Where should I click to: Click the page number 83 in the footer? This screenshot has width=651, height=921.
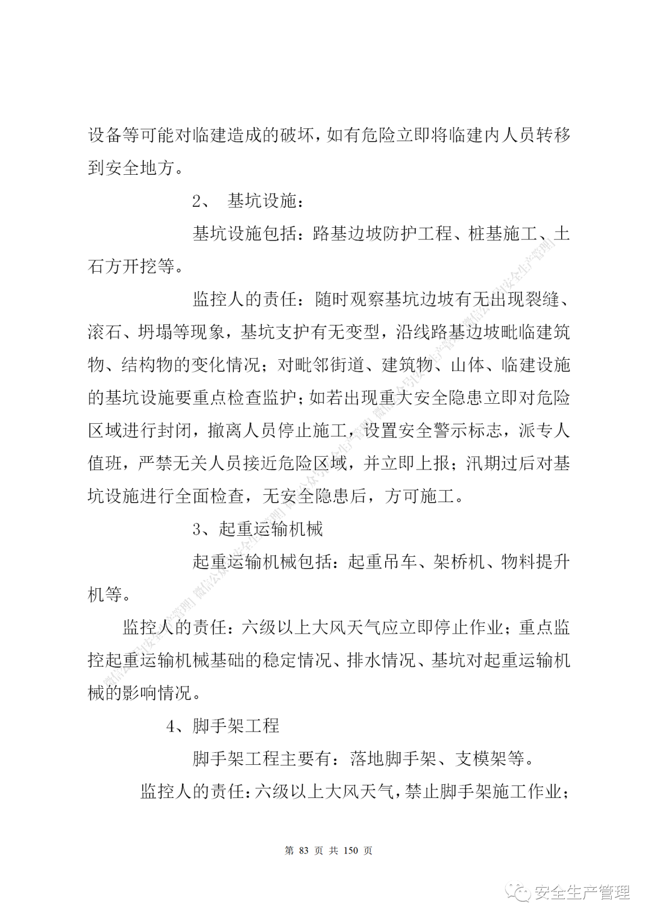coord(303,850)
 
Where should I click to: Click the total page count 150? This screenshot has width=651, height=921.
coord(350,850)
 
